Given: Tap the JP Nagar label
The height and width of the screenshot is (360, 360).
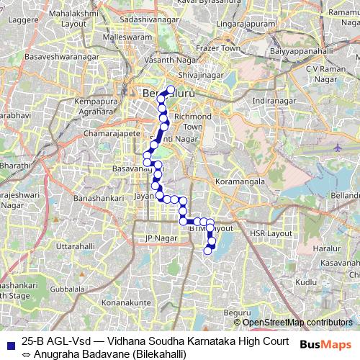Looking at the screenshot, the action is [161, 238].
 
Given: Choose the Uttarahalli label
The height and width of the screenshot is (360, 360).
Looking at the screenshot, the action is [76, 246].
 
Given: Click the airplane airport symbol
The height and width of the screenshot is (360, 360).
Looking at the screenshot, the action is [338, 147].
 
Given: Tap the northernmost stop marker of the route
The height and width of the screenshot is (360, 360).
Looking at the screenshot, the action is [171, 90].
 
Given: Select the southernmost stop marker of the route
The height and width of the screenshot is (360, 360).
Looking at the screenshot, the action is [207, 251].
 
